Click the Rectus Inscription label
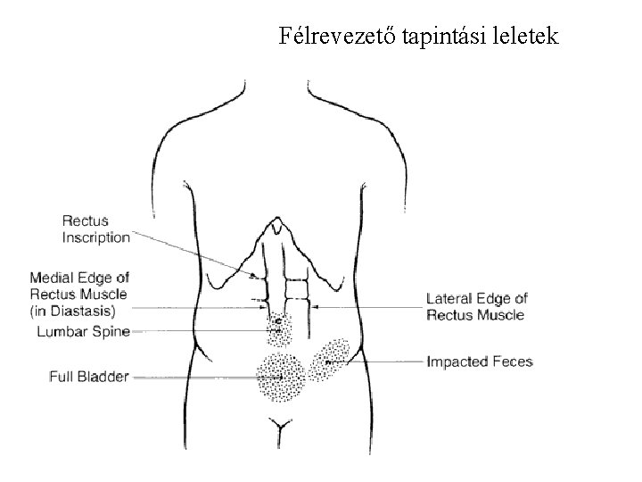(95, 229)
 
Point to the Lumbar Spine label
(85, 332)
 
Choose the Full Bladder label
(88, 377)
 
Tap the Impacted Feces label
(480, 361)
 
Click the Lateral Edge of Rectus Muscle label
(477, 306)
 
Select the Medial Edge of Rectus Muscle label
(78, 286)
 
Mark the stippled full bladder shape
(281, 377)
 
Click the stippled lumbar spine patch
(279, 328)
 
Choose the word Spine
(112, 332)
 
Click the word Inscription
(95, 237)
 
